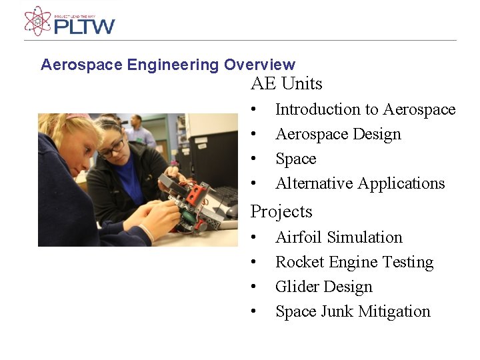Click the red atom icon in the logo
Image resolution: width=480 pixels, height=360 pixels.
click(37, 21)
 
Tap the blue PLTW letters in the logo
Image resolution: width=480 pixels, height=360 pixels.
click(85, 26)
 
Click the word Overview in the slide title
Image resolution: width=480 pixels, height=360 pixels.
click(259, 65)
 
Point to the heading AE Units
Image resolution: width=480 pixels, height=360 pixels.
click(286, 84)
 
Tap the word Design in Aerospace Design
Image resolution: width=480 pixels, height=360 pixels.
click(377, 134)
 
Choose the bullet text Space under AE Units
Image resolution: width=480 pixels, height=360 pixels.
click(295, 159)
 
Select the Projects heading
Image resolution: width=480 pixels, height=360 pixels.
click(281, 211)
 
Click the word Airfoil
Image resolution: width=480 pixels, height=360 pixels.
click(297, 237)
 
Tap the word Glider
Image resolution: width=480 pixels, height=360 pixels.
click(296, 287)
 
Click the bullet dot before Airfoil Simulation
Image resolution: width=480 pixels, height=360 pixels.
click(253, 238)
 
